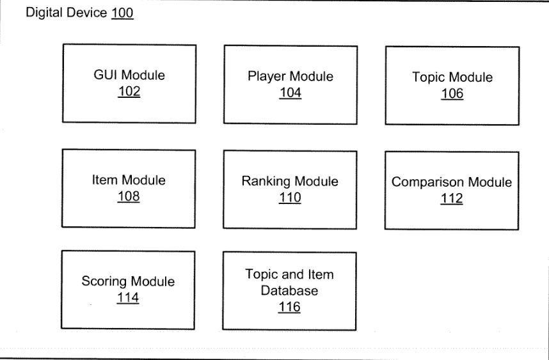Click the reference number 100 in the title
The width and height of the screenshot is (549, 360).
(122, 13)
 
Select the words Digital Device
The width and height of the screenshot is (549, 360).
(66, 13)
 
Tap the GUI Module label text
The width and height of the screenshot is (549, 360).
(129, 75)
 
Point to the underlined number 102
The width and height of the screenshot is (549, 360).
(129, 91)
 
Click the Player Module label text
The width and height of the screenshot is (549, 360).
(290, 77)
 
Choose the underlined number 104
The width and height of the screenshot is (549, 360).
(290, 93)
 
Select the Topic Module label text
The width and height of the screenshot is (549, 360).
(452, 77)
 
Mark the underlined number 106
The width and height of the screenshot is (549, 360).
(452, 94)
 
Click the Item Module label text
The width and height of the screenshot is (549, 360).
(129, 180)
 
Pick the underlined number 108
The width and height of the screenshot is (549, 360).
(129, 196)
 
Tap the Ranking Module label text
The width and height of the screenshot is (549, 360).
(290, 182)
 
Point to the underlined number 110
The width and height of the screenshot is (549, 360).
(290, 198)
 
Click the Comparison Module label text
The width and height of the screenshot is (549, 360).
(452, 182)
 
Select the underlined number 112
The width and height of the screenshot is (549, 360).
(452, 199)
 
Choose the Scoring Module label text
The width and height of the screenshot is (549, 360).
(128, 281)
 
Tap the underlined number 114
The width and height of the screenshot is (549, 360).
(128, 298)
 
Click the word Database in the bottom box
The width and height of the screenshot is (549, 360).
(289, 291)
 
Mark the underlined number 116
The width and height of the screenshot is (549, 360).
(289, 307)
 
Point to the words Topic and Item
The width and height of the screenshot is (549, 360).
(289, 274)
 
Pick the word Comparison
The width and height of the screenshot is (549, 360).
(428, 183)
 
